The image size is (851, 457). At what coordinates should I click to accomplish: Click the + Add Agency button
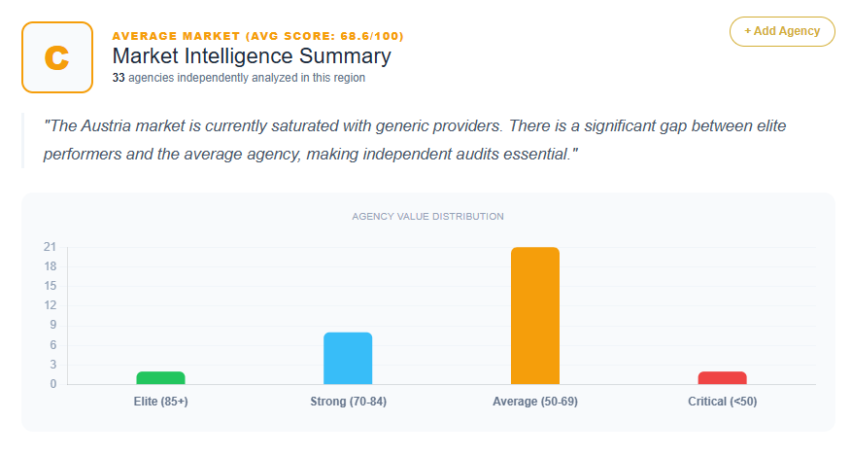tap(782, 31)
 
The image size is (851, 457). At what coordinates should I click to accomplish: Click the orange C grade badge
tap(57, 57)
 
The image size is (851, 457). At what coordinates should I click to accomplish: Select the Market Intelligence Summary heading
tap(252, 56)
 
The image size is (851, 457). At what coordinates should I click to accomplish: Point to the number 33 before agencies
tap(119, 78)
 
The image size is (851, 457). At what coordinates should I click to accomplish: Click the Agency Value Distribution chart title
tap(427, 216)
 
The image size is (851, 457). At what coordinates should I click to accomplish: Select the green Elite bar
tap(160, 378)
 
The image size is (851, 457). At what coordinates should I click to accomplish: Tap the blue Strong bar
tap(348, 359)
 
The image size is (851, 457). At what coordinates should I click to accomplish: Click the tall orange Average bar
tap(534, 316)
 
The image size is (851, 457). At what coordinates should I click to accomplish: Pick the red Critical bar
tap(722, 378)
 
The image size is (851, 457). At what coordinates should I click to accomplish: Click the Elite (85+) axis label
tap(160, 402)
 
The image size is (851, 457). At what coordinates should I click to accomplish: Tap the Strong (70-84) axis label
tap(348, 402)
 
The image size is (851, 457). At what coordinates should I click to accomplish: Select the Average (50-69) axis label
tap(534, 402)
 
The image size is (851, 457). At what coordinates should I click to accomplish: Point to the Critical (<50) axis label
tap(722, 402)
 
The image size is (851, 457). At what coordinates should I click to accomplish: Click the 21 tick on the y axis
tap(49, 247)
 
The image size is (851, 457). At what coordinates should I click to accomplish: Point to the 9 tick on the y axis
tap(51, 326)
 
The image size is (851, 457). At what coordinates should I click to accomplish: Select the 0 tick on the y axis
tap(51, 384)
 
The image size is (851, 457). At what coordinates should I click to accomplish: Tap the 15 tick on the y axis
tap(49, 286)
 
